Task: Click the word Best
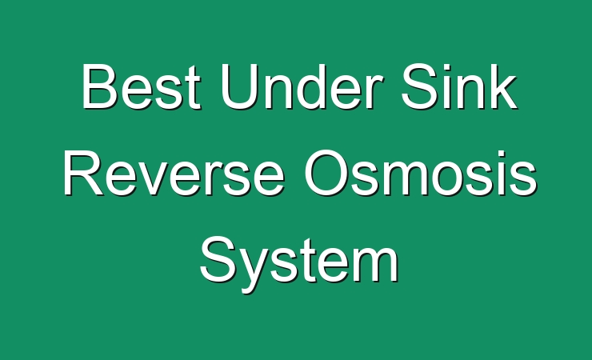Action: (x=141, y=86)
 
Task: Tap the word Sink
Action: (x=458, y=86)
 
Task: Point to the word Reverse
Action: (x=174, y=173)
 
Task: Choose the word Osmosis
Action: (x=421, y=173)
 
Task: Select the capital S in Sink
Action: (x=420, y=86)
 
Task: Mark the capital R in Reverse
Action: (x=84, y=173)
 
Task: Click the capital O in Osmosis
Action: (x=326, y=173)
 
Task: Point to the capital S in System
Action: (x=218, y=259)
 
